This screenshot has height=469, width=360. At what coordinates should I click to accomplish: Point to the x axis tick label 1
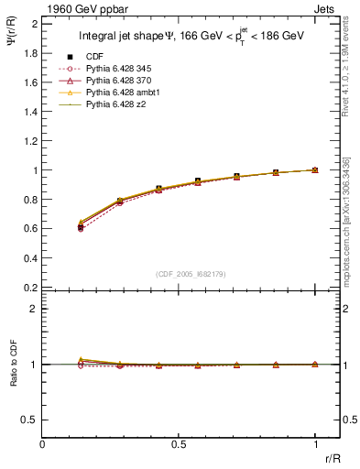click(x=315, y=443)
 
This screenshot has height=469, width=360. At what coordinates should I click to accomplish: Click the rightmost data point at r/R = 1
click(x=315, y=170)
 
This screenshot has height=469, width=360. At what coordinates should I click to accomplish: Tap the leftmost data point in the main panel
click(x=81, y=226)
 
